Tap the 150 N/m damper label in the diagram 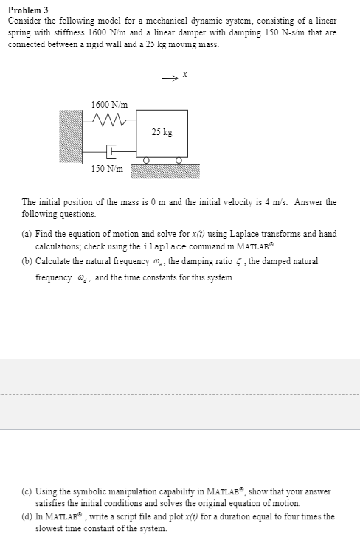pyautogui.click(x=107, y=168)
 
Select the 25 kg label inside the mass pyautogui.click(x=162, y=133)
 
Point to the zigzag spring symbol pyautogui.click(x=108, y=119)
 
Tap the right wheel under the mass pyautogui.click(x=179, y=159)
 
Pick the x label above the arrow pyautogui.click(x=186, y=74)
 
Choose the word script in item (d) pyautogui.click(x=119, y=517)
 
